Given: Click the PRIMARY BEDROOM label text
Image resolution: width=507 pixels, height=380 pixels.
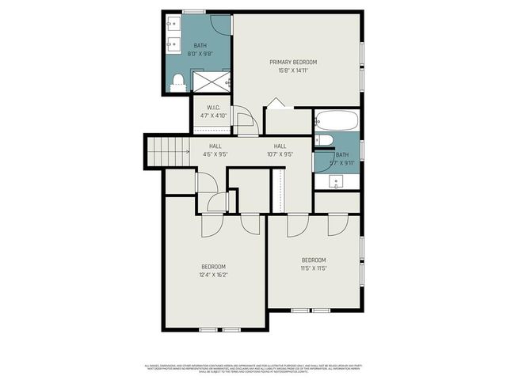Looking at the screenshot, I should (x=292, y=63).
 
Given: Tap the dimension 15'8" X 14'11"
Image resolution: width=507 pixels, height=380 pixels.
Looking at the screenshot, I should (x=292, y=70).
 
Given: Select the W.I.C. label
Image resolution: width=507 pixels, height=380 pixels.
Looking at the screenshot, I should (x=213, y=108).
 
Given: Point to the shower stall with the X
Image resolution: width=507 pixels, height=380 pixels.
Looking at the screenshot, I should (x=212, y=82).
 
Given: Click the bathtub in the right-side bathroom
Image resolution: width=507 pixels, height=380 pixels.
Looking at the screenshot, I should (x=337, y=121).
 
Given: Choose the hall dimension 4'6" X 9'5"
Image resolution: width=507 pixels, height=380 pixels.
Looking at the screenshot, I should (x=215, y=154).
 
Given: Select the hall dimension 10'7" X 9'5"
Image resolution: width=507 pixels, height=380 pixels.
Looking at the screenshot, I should (x=280, y=154).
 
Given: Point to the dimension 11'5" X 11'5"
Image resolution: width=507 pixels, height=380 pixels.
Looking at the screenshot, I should (x=314, y=268).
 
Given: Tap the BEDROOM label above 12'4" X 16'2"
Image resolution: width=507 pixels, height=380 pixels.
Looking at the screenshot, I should (x=213, y=266).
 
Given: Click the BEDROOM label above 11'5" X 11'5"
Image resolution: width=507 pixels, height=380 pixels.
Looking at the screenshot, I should (x=314, y=260).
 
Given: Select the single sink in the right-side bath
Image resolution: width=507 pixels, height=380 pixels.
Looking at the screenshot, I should (x=336, y=181).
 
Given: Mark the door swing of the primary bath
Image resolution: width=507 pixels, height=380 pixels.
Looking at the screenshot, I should (x=223, y=24).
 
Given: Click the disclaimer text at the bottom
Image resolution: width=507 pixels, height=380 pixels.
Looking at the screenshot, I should (x=253, y=369).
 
